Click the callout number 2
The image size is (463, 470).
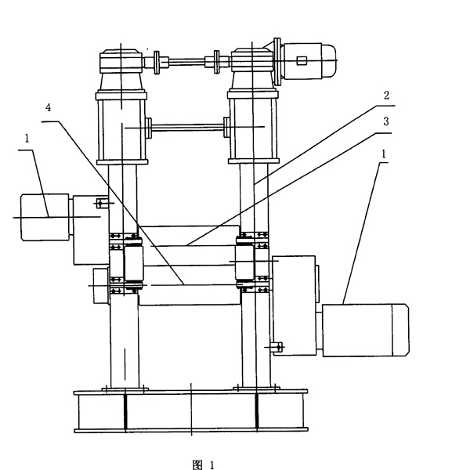[x=386, y=96]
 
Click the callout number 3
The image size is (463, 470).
[x=386, y=121]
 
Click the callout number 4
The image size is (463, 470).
[x=48, y=107]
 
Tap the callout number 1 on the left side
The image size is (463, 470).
[x=27, y=138]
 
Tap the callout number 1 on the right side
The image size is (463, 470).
[x=383, y=154]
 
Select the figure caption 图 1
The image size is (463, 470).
[x=204, y=465]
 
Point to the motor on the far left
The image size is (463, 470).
[x=45, y=217]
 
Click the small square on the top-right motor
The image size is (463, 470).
[x=302, y=60]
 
